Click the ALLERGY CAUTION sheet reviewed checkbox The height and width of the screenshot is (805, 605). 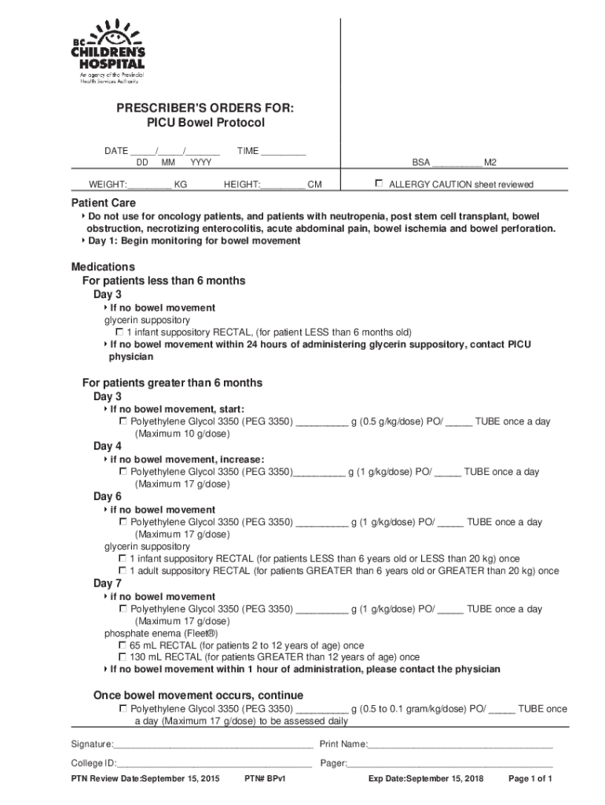click(x=379, y=184)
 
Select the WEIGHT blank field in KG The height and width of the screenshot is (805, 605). click(x=149, y=185)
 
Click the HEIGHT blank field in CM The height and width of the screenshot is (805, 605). click(x=283, y=185)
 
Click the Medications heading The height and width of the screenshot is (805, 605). click(x=103, y=266)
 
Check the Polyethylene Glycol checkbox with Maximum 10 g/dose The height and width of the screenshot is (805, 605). click(x=123, y=421)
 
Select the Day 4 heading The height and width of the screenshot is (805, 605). click(x=108, y=447)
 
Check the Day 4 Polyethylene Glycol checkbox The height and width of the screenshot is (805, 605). click(x=123, y=472)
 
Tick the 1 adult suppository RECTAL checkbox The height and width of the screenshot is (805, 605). click(x=123, y=571)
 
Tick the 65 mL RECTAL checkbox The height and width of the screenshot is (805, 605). click(x=123, y=645)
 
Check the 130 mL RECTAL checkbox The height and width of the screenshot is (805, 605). click(x=123, y=656)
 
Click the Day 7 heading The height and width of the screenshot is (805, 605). click(x=108, y=583)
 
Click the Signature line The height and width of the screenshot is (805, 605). click(x=213, y=744)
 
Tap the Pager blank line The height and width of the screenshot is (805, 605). click(x=450, y=763)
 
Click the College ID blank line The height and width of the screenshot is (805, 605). click(x=214, y=763)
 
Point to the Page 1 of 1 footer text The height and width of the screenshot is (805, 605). click(x=531, y=779)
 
